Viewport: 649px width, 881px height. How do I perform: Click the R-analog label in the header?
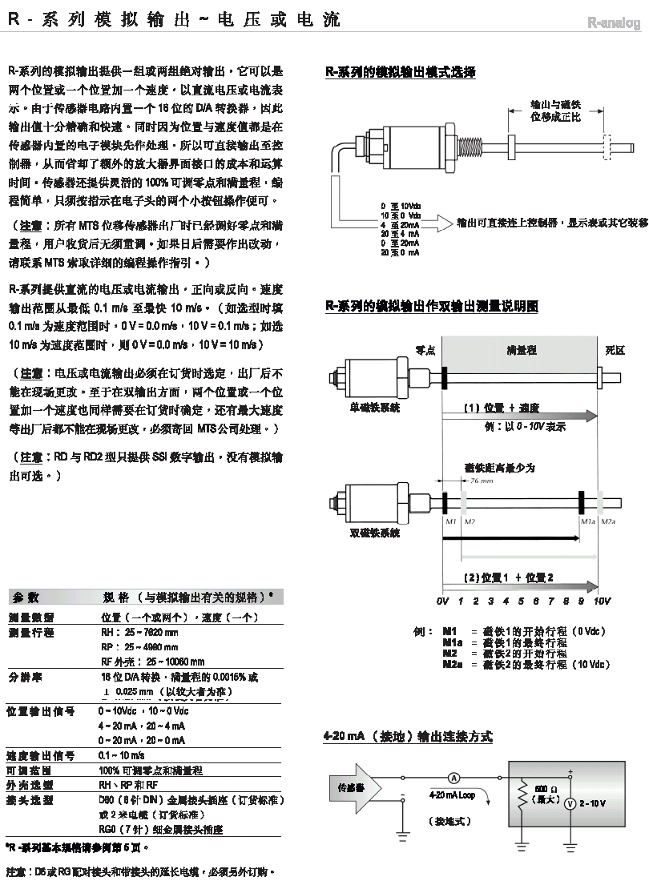[x=614, y=24]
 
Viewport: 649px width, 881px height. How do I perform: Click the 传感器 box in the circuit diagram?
[x=350, y=788]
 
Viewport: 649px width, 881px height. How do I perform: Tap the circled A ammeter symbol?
[x=453, y=777]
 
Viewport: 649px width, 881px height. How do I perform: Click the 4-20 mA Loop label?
[x=452, y=796]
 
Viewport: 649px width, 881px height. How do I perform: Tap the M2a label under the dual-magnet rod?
[x=608, y=521]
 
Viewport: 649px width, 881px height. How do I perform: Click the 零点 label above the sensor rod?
[x=425, y=350]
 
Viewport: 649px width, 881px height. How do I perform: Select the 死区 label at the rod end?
[x=615, y=350]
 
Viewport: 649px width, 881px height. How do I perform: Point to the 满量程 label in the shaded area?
[x=522, y=350]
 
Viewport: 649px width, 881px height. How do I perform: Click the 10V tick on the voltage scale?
[x=602, y=601]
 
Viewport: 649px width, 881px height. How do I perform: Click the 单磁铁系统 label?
[x=375, y=408]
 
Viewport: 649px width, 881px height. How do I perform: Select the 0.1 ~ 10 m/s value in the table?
[x=122, y=755]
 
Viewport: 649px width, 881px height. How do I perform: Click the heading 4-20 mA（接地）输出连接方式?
[x=407, y=737]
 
